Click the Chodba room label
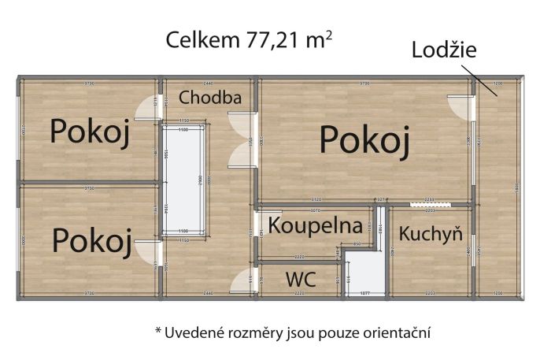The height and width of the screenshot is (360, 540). (209, 98)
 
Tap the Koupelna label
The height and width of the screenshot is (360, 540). (315, 225)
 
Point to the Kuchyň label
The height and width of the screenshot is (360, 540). (429, 234)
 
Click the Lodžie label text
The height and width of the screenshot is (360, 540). (445, 51)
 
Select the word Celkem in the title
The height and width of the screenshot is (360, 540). (198, 40)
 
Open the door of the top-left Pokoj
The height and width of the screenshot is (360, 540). (146, 108)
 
